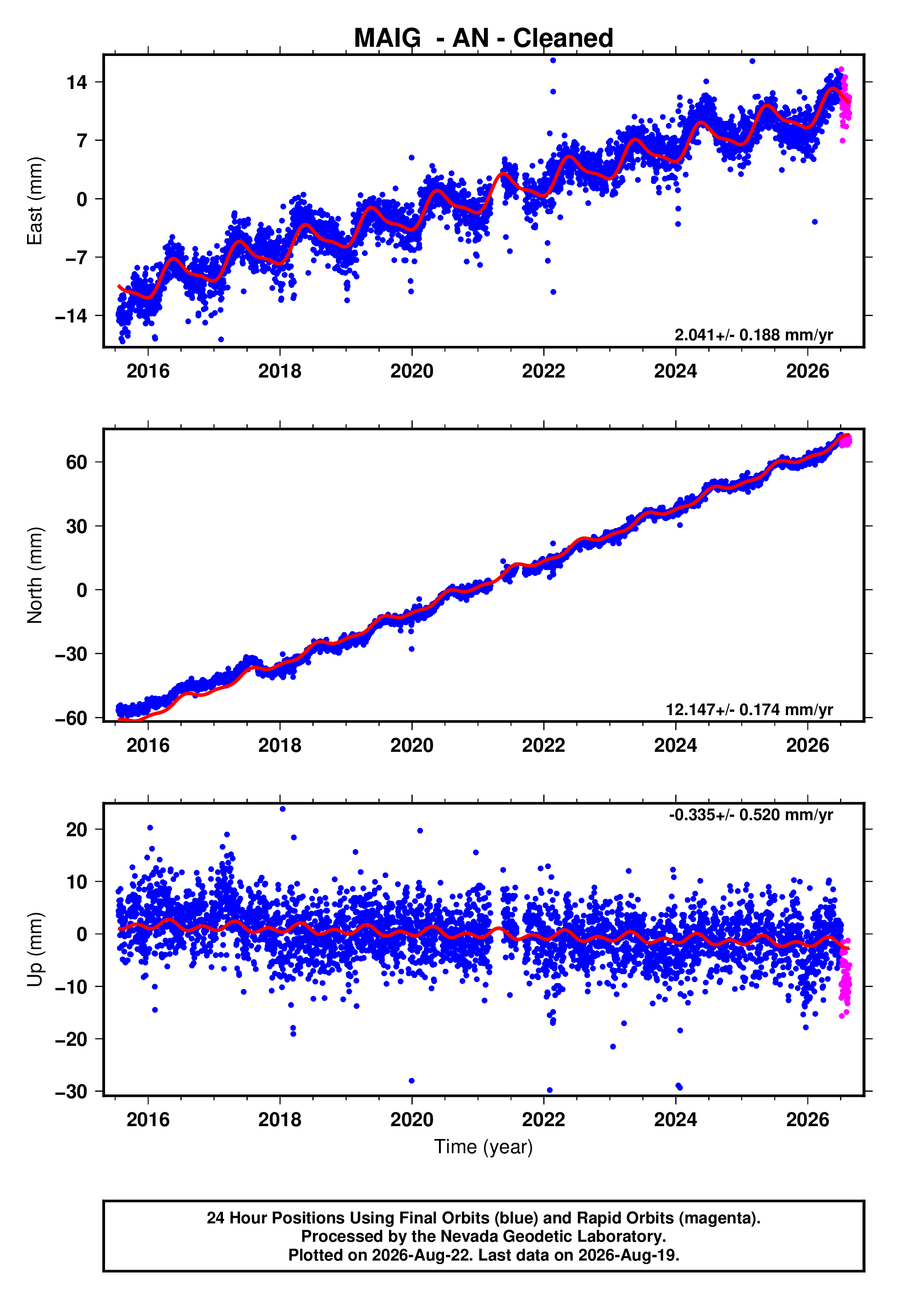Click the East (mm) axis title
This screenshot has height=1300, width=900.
[x=35, y=201]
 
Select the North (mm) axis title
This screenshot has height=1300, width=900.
[x=35, y=575]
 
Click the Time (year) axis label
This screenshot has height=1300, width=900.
[x=483, y=1147]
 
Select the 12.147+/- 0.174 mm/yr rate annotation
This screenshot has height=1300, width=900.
[x=750, y=709]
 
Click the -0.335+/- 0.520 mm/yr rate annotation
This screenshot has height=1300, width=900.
[x=751, y=815]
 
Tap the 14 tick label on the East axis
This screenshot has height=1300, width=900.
[x=77, y=82]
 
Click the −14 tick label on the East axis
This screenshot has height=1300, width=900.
[x=71, y=316]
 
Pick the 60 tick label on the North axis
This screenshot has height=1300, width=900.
[x=77, y=462]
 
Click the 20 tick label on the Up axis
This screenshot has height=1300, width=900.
[x=77, y=829]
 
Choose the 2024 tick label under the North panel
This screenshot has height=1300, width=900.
[x=676, y=745]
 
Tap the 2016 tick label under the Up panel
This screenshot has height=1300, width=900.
[x=148, y=1120]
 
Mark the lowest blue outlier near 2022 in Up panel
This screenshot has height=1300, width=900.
[x=550, y=1090]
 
